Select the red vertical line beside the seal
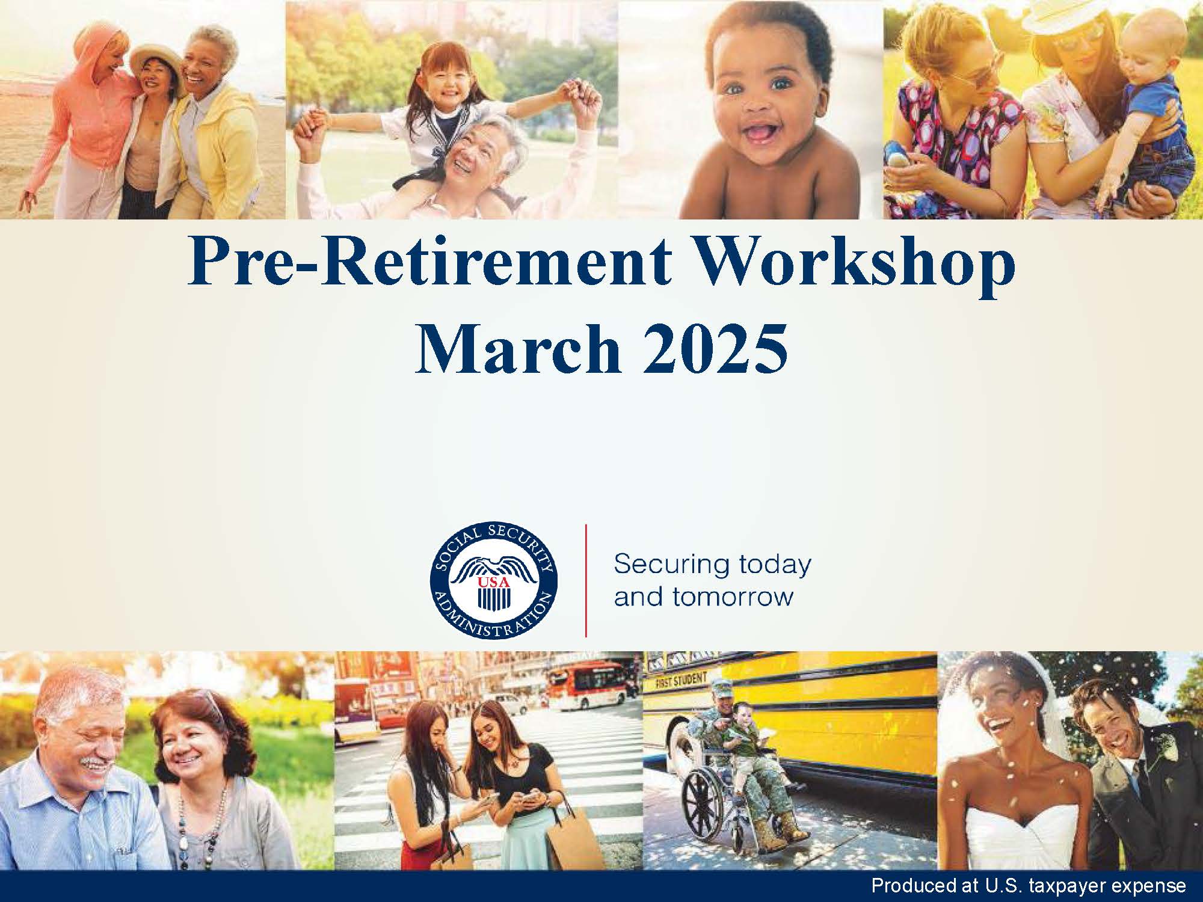click(x=586, y=580)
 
